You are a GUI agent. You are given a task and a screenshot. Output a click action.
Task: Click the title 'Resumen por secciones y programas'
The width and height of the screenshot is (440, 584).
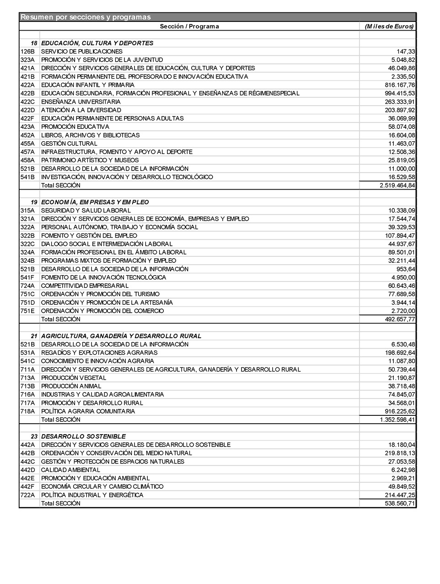click(x=86, y=17)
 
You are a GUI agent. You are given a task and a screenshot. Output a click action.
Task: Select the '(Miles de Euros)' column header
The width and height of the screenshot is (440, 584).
click(x=389, y=27)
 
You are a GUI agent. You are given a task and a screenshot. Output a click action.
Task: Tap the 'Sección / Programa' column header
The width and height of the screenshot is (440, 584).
click(x=189, y=27)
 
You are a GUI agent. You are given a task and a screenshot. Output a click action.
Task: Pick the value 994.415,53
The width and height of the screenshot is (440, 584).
click(x=400, y=93)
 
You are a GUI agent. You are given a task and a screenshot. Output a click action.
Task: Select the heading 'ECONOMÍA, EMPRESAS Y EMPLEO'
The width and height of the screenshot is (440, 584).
click(x=95, y=202)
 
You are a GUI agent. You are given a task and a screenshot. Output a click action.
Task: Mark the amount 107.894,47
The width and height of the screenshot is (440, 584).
click(x=400, y=236)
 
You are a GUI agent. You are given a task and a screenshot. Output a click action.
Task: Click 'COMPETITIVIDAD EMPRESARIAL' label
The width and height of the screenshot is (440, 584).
click(x=85, y=286)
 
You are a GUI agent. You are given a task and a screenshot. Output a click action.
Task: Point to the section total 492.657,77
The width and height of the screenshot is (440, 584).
click(x=400, y=319)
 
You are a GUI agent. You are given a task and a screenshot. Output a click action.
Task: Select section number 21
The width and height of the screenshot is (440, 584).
click(x=34, y=336)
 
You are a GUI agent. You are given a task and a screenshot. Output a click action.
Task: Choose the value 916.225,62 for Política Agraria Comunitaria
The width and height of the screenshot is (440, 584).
click(x=400, y=411)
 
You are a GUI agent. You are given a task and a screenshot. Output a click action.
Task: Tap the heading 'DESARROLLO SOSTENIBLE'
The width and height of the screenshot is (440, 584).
click(x=83, y=436)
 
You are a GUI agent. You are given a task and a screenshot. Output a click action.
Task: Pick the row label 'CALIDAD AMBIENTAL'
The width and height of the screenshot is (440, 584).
click(x=70, y=470)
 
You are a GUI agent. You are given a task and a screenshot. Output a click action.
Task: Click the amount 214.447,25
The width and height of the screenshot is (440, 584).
click(x=400, y=495)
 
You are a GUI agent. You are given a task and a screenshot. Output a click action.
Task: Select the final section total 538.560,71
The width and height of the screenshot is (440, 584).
click(x=400, y=504)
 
